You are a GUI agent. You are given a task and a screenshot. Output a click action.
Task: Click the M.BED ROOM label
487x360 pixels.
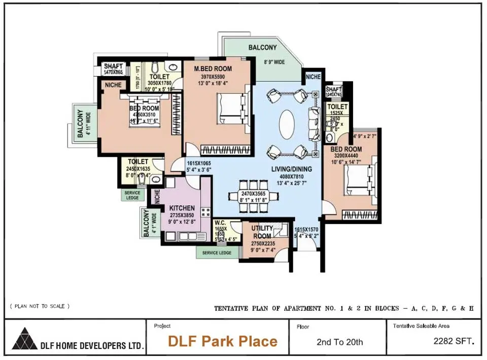coord(213,69)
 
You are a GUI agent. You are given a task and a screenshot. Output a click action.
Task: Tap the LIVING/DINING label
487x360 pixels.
coord(291,169)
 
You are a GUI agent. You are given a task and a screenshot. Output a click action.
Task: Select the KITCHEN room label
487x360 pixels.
coord(182,208)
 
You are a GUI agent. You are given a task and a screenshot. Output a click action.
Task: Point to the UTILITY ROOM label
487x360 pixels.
coord(262,232)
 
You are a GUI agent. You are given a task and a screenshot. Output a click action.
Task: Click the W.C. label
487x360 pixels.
coord(220,223)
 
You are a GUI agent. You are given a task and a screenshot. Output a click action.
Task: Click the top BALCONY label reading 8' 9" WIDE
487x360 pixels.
coord(262,48)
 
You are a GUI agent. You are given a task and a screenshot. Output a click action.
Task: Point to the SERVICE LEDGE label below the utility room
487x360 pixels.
coord(217,253)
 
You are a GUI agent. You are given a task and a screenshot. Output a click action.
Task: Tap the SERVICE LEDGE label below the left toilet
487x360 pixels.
coord(132,195)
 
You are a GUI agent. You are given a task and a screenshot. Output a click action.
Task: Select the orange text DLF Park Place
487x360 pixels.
coord(223,341)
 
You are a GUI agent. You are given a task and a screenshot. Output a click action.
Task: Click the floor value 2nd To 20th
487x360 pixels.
coord(339,342)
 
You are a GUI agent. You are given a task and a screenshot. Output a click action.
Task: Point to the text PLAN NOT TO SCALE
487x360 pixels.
coord(40,306)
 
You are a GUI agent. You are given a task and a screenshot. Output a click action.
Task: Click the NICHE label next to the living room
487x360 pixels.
coord(313,77)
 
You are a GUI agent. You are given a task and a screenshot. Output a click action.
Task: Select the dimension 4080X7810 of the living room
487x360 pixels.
coord(291,176)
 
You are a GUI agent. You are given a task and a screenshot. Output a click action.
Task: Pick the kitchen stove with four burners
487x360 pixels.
coord(206,212)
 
